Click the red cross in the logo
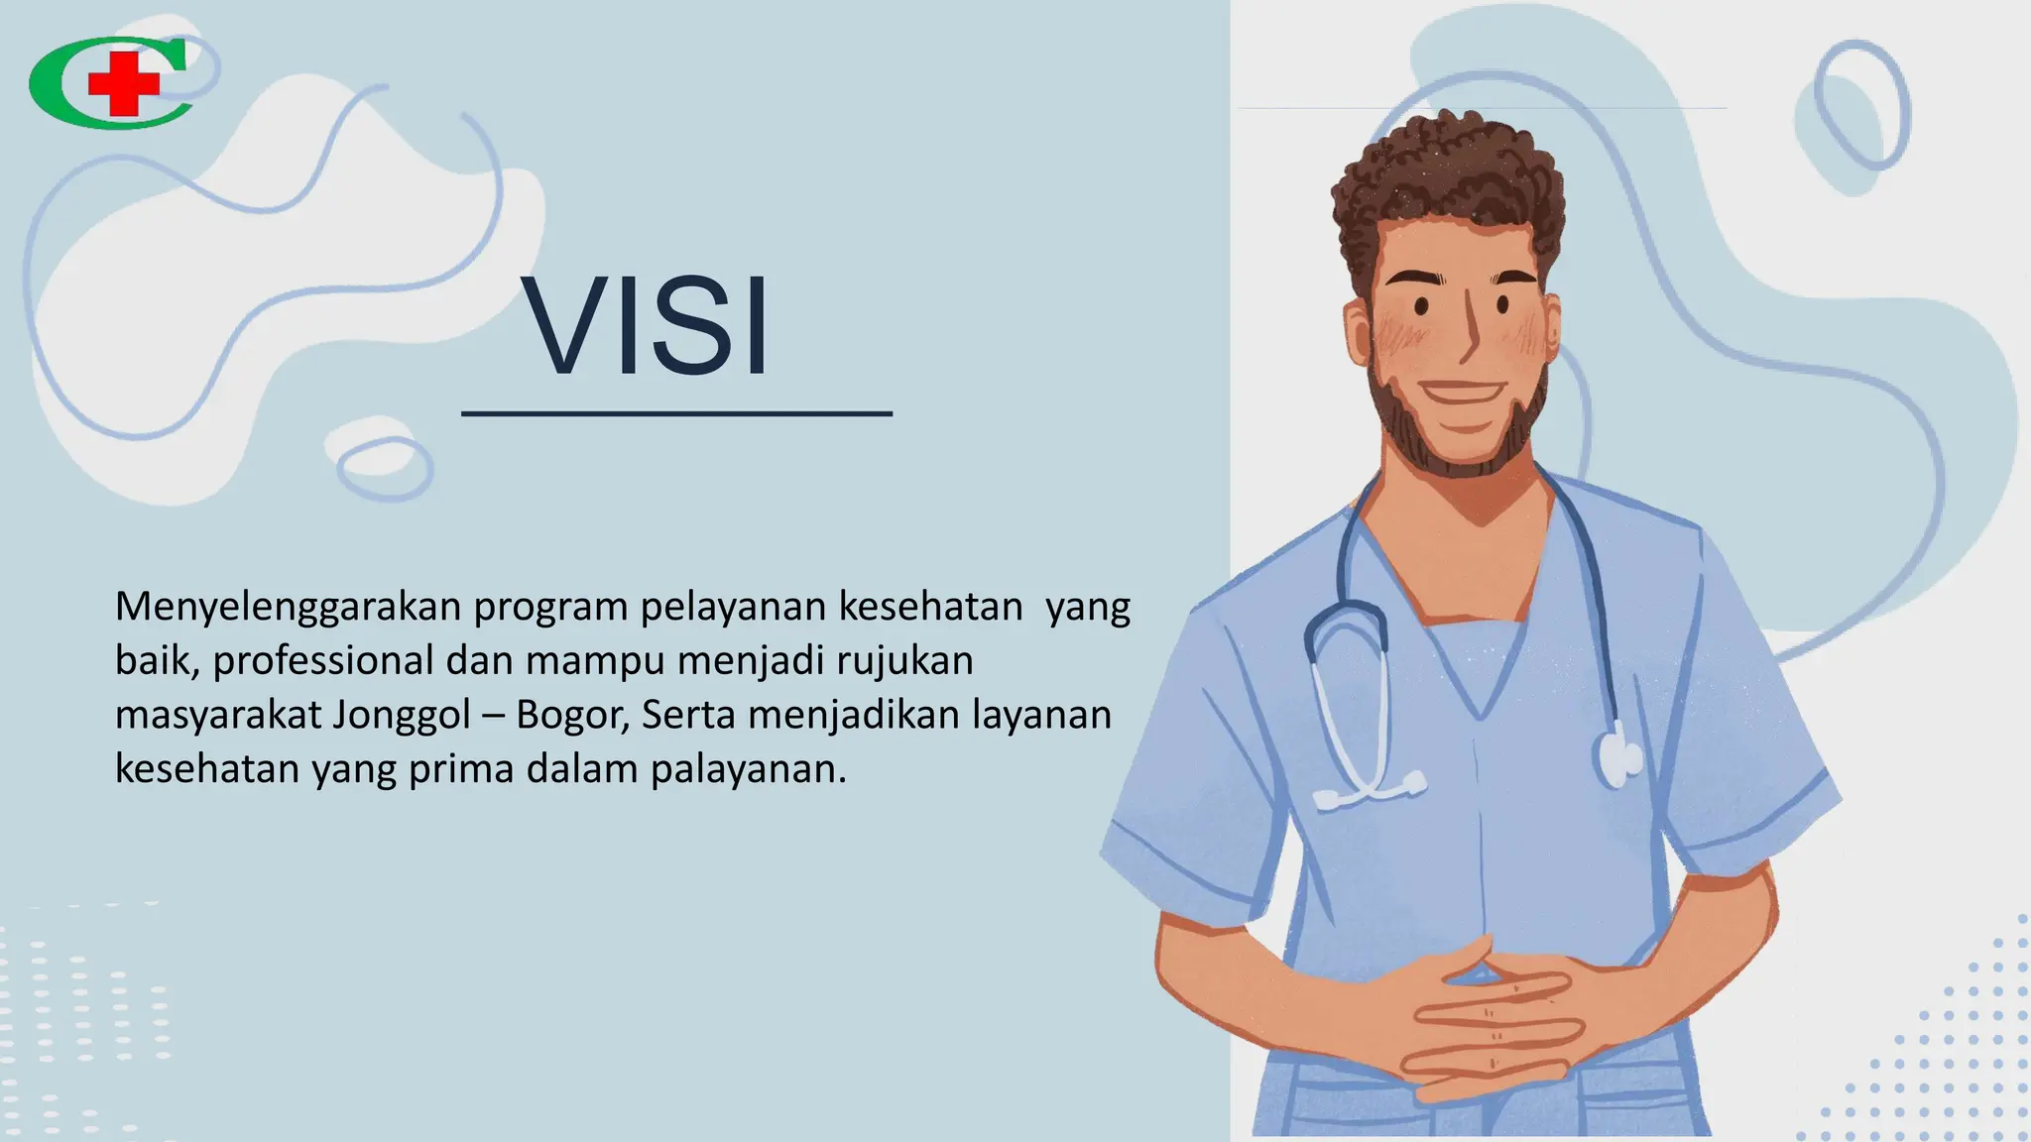tap(123, 83)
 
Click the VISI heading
tap(646, 326)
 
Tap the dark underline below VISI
tap(676, 413)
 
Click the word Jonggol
tap(402, 715)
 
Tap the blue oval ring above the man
tap(1861, 105)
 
